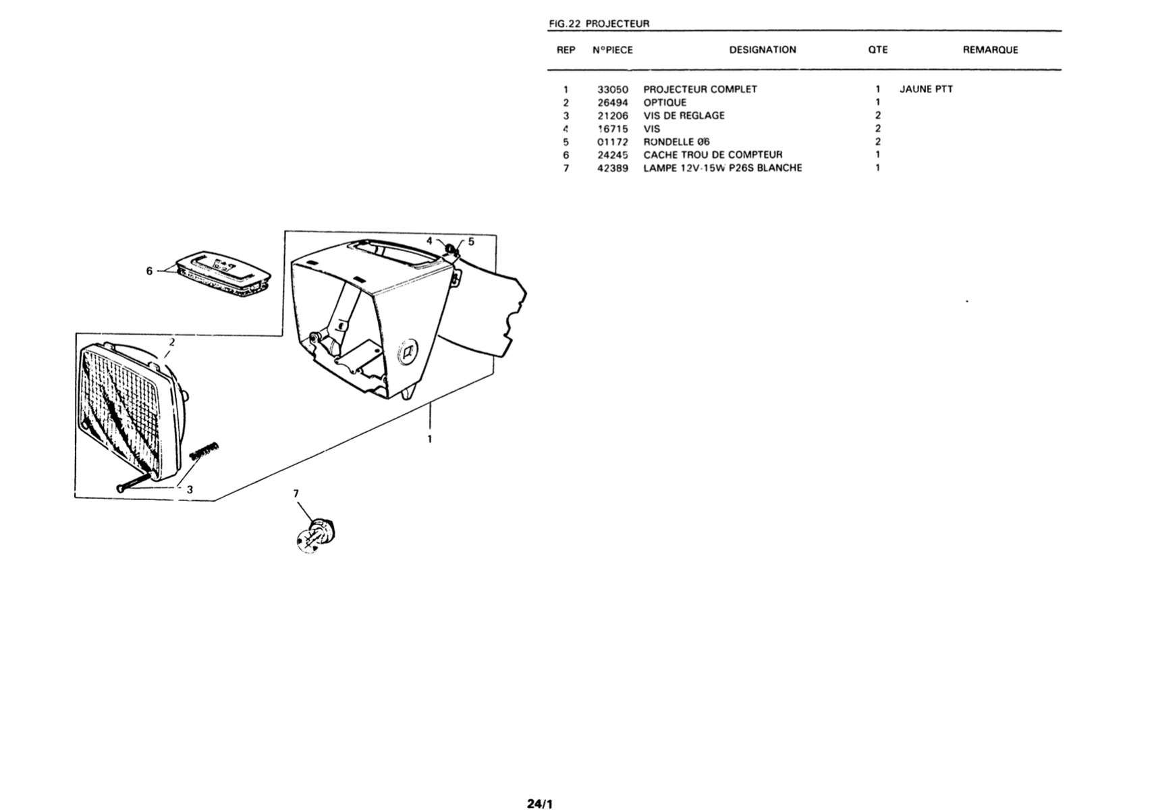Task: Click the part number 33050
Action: coord(613,90)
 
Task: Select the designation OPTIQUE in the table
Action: coord(665,103)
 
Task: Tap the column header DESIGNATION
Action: coord(763,50)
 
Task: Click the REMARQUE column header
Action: coord(991,50)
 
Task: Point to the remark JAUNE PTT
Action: coord(926,89)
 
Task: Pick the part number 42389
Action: coord(613,168)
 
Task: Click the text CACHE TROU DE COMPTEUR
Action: coord(713,155)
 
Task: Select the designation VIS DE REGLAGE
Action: coord(684,115)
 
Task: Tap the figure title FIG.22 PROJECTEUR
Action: coord(599,24)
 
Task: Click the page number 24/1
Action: coord(539,804)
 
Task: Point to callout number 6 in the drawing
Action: coord(149,271)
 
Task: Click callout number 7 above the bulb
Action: coord(296,493)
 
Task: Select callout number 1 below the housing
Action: coord(429,439)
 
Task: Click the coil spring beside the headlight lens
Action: coord(204,450)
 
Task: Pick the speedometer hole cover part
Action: coord(223,273)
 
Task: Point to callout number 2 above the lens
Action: coord(172,342)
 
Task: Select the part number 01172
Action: coord(613,142)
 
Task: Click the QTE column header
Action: coord(878,50)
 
